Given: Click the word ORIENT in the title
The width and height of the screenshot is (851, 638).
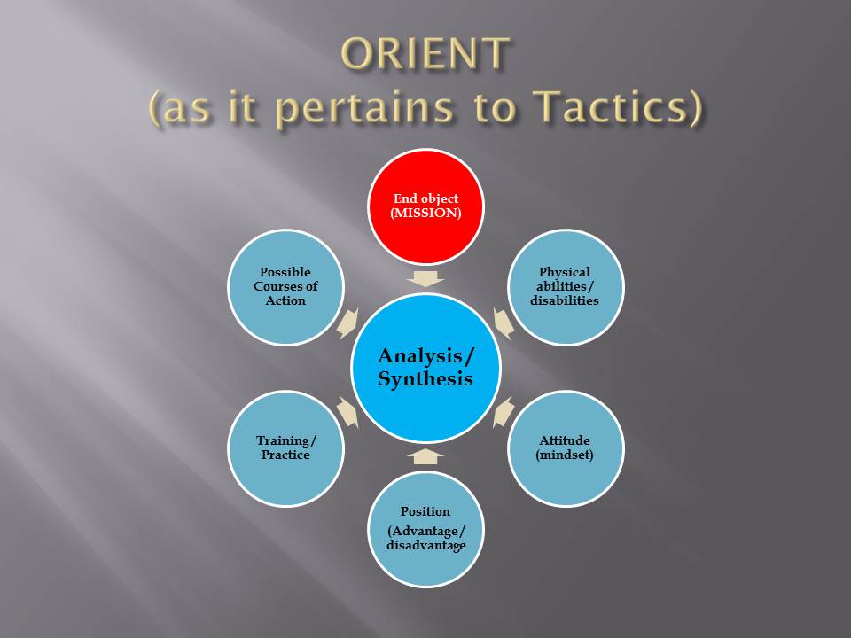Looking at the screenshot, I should pos(425,55).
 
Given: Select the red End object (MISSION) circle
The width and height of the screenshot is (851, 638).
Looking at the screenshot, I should pos(426,206).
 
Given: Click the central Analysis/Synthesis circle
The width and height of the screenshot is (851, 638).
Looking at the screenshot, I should pos(426,368).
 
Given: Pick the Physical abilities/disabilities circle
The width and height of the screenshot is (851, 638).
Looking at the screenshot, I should pos(565,287).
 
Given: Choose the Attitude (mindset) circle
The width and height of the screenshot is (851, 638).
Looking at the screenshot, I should pos(565,447).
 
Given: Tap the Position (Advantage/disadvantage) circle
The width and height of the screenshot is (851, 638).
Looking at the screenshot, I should pos(425,529).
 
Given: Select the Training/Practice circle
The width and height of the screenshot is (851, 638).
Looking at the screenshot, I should pos(285,447).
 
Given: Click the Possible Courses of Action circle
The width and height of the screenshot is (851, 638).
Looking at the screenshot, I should pos(285,287).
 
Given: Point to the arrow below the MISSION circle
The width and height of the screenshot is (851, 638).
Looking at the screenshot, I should pos(426,278).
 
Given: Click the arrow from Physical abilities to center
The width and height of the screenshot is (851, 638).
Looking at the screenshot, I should pos(503,323).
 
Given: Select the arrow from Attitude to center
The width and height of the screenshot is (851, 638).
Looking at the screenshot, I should pos(503,412).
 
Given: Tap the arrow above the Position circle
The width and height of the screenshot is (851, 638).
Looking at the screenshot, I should pos(426,456).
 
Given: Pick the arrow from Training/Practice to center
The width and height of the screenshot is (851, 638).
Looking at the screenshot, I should pos(348,412).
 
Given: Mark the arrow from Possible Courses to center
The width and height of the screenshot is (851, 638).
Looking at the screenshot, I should pos(348,323).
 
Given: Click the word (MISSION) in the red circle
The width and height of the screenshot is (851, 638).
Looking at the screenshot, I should pos(426,214).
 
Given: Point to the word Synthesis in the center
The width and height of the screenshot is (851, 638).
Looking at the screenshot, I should pos(425,379).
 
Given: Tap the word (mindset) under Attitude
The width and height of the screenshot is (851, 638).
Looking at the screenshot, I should pos(565,455).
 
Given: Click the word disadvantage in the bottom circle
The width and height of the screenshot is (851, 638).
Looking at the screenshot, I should pos(425,545).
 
